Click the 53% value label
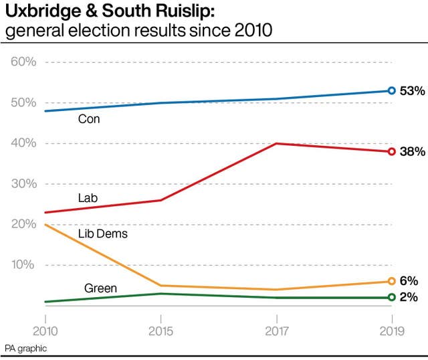412,91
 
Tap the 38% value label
412,152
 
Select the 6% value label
409,281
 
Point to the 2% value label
409,297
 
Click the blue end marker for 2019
392,91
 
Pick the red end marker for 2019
392,152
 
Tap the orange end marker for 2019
392,282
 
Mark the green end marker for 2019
392,298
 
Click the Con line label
89,120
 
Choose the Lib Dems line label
102,234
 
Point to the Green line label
100,289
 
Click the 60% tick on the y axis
23,62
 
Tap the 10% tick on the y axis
23,265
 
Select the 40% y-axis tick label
23,143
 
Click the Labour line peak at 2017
276,143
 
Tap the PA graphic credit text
25,349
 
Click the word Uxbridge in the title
38,13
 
